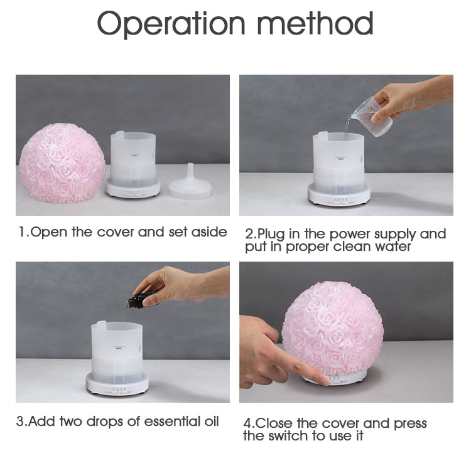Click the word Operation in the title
coord(171,24)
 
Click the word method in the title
coord(315,23)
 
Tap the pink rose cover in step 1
coord(62,163)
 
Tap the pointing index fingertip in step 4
coord(325,380)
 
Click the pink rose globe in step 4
coord(333,329)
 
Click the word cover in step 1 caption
coord(116,232)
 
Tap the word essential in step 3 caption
coord(171,422)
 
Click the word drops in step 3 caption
coord(105,422)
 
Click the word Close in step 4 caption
coord(274,423)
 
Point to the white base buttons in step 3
coord(119,390)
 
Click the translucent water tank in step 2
coord(338,163)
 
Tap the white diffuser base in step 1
coord(133,188)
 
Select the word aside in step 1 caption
coord(209,232)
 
